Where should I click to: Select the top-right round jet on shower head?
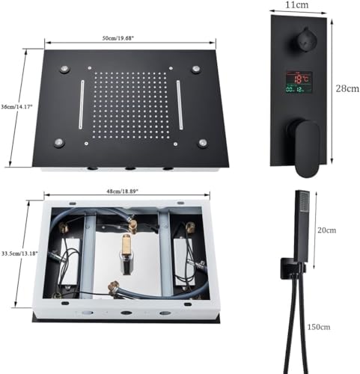click(195, 70)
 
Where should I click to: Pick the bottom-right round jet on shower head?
click(203, 142)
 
